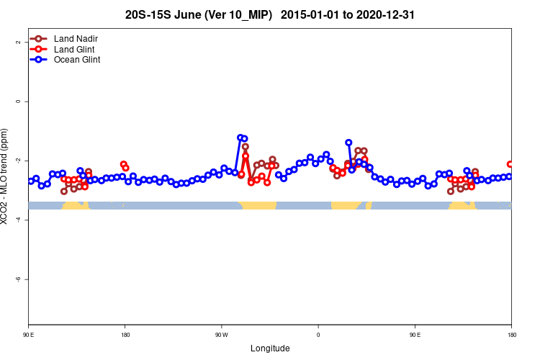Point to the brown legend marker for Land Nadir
(x=39, y=38)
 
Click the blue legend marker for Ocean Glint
(x=39, y=60)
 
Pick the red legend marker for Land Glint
(x=39, y=49)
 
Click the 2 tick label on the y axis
(x=17, y=42)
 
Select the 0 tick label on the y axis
(x=17, y=101)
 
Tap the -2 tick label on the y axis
(x=17, y=161)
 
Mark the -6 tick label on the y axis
(x=17, y=279)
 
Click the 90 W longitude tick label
(x=221, y=335)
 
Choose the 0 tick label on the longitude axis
(x=318, y=335)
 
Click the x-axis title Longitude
(x=270, y=348)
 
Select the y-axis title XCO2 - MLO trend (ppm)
(x=6, y=176)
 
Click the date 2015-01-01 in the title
(x=312, y=14)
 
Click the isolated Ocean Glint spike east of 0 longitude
(x=348, y=143)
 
